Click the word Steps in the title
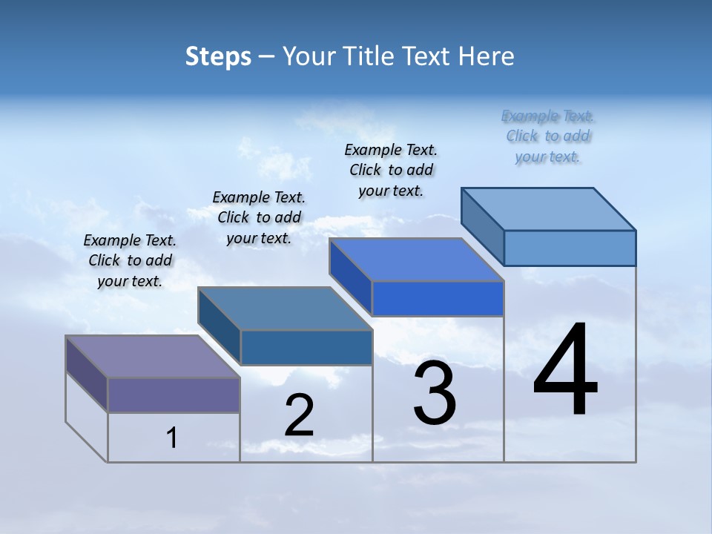click(x=218, y=56)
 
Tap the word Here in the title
click(x=487, y=56)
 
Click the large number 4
click(x=566, y=370)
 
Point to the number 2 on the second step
click(x=300, y=415)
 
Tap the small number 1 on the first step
click(x=172, y=438)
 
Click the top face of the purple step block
click(x=152, y=357)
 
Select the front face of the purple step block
click(x=174, y=395)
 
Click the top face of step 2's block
click(x=285, y=309)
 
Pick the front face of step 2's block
click(x=306, y=347)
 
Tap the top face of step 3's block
click(x=416, y=260)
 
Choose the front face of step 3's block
click(x=438, y=298)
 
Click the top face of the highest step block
click(x=549, y=209)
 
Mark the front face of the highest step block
click(x=570, y=248)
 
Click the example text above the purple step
click(x=131, y=260)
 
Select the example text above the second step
click(x=259, y=217)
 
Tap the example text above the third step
click(x=391, y=170)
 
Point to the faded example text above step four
click(x=548, y=136)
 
